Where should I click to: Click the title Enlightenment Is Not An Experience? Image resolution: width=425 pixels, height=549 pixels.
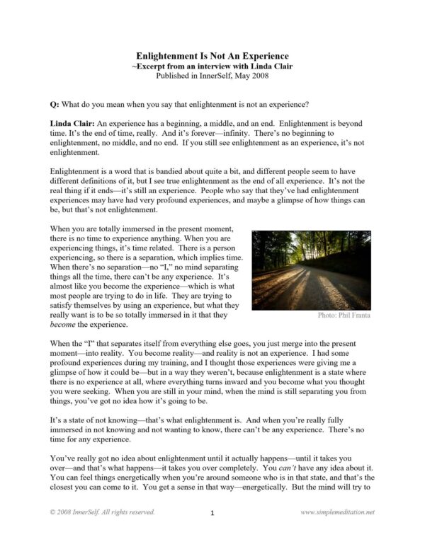(212, 55)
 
